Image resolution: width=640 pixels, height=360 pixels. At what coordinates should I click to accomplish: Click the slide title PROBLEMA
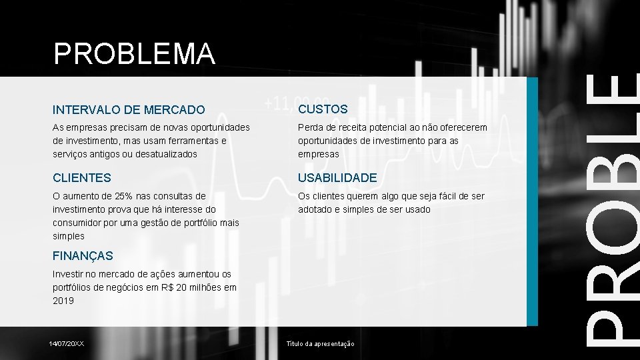click(134, 54)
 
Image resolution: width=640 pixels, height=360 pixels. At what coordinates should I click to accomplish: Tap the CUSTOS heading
click(323, 109)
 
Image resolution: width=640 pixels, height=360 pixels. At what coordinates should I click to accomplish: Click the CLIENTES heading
click(82, 178)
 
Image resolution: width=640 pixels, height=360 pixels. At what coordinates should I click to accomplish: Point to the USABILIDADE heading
click(337, 178)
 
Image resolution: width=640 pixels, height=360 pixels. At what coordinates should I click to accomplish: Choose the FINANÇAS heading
click(83, 255)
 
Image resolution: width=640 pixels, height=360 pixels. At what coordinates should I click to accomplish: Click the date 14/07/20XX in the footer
click(67, 343)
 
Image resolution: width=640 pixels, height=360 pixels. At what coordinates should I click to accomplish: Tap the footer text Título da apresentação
click(320, 343)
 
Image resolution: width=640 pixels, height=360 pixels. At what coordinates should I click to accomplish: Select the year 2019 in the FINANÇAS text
click(63, 301)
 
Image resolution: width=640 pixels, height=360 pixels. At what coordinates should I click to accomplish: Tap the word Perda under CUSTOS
click(310, 127)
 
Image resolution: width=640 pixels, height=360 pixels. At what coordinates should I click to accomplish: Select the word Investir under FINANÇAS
click(68, 274)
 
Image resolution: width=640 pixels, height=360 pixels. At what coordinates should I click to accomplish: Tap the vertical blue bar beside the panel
click(532, 200)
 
